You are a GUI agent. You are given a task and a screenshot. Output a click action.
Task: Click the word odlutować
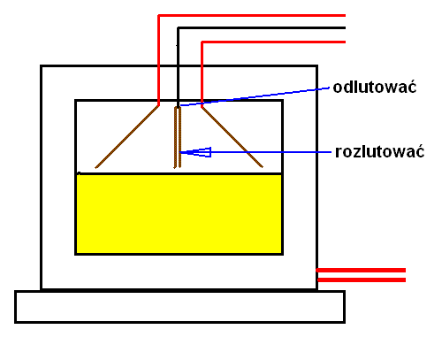point(375,88)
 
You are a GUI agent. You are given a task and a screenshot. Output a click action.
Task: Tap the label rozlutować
point(379,152)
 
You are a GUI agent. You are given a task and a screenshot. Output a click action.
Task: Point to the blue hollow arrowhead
point(196,152)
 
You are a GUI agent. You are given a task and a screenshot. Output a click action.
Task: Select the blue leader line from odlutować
point(255,96)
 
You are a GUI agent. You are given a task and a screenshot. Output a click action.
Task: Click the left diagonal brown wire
point(127,137)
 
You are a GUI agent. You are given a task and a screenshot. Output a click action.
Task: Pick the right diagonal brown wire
point(232,137)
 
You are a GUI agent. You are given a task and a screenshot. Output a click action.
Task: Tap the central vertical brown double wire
point(178,137)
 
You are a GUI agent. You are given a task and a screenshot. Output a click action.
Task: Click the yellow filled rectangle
point(179,214)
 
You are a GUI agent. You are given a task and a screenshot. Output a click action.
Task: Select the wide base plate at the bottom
point(179,307)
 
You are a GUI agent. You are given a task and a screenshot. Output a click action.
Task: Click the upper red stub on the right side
point(361,270)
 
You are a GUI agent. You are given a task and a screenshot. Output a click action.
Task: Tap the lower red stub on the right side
point(362,280)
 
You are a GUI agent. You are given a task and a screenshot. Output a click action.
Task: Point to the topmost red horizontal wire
point(252,15)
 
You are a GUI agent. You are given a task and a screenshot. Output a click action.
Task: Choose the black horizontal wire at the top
point(262,28)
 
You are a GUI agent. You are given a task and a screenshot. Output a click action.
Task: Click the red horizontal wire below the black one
point(273,42)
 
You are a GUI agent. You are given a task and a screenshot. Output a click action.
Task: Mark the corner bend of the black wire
point(178,28)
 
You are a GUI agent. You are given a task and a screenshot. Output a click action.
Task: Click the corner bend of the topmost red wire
point(159,15)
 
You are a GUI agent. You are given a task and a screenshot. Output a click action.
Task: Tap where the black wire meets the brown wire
point(178,107)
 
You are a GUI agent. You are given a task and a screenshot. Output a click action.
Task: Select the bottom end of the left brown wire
point(95,168)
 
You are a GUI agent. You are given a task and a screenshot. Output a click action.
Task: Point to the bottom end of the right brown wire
point(263,167)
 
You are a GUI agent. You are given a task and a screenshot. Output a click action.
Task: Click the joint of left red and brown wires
point(158,105)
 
